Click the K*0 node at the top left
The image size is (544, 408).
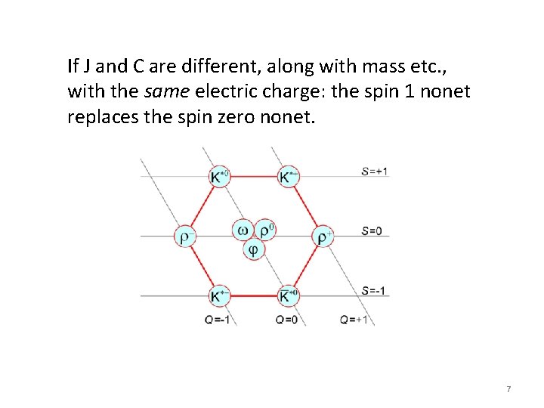coord(218,177)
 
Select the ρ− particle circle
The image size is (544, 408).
coord(184,236)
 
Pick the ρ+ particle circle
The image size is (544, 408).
coord(323,236)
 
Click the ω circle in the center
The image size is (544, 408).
coord(243,230)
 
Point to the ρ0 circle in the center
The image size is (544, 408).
coord(264,230)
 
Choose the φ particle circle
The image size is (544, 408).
coord(253,249)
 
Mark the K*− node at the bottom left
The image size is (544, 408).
coord(218,296)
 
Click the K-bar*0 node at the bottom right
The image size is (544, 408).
coord(288,296)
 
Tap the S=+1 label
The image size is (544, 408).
coord(375,172)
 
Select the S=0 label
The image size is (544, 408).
coord(371,230)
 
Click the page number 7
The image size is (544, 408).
coord(508,389)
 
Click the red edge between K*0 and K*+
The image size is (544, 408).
coord(253,177)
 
